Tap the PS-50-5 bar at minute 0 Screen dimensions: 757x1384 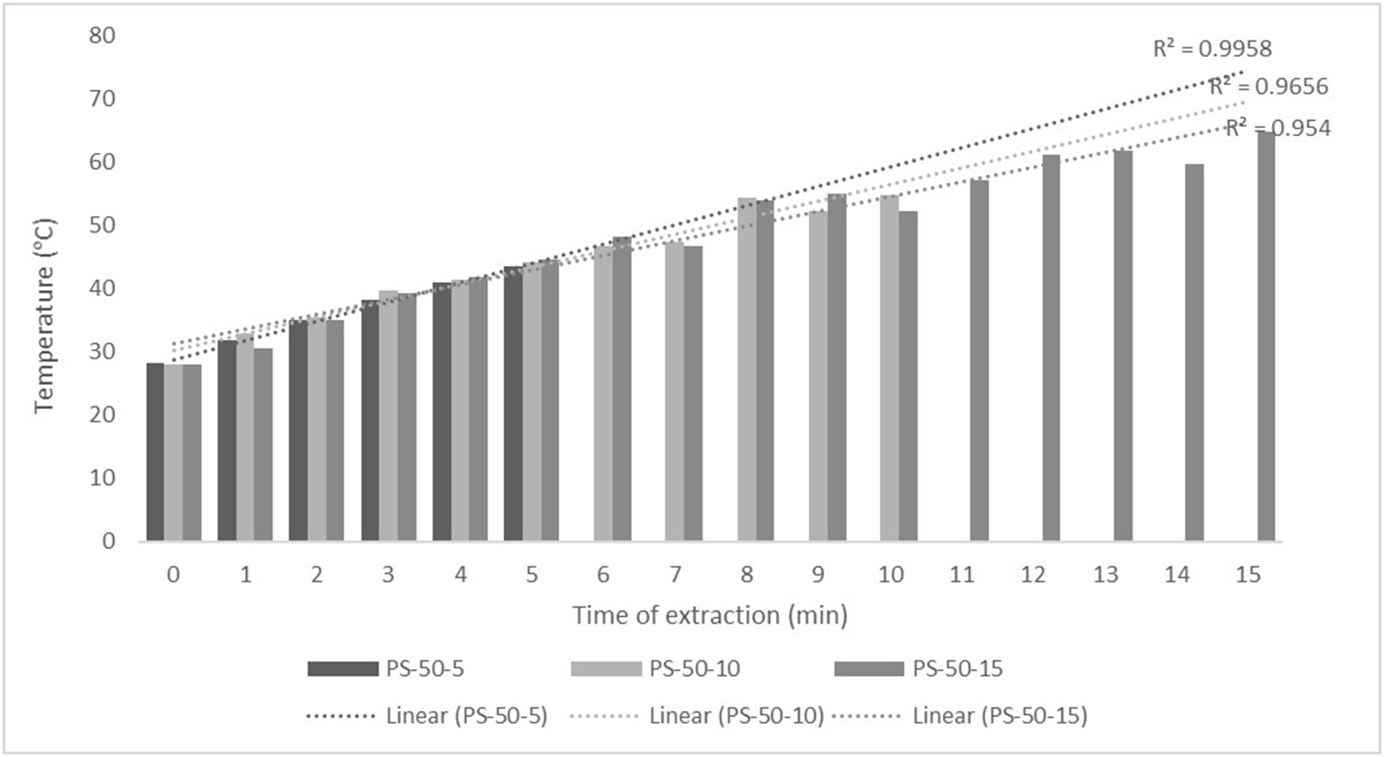pyautogui.click(x=155, y=451)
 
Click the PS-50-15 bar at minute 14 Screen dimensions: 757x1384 pyautogui.click(x=1194, y=352)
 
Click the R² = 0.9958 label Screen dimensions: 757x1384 pyautogui.click(x=1212, y=49)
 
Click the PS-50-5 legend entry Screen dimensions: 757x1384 pyautogui.click(x=386, y=669)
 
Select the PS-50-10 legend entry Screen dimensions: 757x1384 pyautogui.click(x=655, y=669)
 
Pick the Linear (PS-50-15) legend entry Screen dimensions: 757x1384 pyautogui.click(x=960, y=716)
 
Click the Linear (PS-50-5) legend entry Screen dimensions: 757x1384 pyautogui.click(x=427, y=716)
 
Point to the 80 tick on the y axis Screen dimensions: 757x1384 pyautogui.click(x=103, y=35)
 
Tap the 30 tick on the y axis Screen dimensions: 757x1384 pyautogui.click(x=103, y=351)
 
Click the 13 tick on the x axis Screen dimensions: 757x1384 pyautogui.click(x=1105, y=575)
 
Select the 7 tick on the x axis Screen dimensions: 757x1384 pyautogui.click(x=675, y=575)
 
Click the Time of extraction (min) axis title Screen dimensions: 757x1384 pyautogui.click(x=710, y=616)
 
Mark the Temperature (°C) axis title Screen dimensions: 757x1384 pyautogui.click(x=45, y=315)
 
